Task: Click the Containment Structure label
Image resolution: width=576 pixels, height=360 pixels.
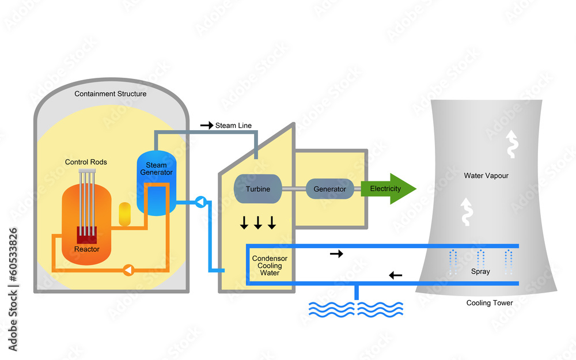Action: point(111,94)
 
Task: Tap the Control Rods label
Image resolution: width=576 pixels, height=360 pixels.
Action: point(86,162)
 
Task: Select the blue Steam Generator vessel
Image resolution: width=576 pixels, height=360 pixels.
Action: point(156,183)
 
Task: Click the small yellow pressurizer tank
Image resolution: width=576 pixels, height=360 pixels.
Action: point(125,214)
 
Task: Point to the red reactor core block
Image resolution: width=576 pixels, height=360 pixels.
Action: point(87,234)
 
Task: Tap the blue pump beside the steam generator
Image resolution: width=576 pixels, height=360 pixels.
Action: point(200,202)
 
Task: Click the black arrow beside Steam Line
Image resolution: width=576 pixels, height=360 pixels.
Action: point(206,125)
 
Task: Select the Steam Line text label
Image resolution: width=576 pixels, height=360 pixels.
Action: point(233,125)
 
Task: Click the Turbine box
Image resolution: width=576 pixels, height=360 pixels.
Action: point(257,189)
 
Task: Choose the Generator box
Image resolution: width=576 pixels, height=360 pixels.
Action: point(329,189)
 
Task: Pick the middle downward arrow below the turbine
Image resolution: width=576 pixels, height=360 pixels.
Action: point(258,223)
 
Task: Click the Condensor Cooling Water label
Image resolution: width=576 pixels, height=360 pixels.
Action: point(270,266)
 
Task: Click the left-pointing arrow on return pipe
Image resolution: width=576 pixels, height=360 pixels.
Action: point(396,275)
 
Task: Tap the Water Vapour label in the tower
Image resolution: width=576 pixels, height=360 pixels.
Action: point(486,176)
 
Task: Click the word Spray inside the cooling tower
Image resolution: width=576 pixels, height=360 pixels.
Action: point(480,271)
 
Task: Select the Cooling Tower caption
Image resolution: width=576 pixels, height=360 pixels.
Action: point(489,303)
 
